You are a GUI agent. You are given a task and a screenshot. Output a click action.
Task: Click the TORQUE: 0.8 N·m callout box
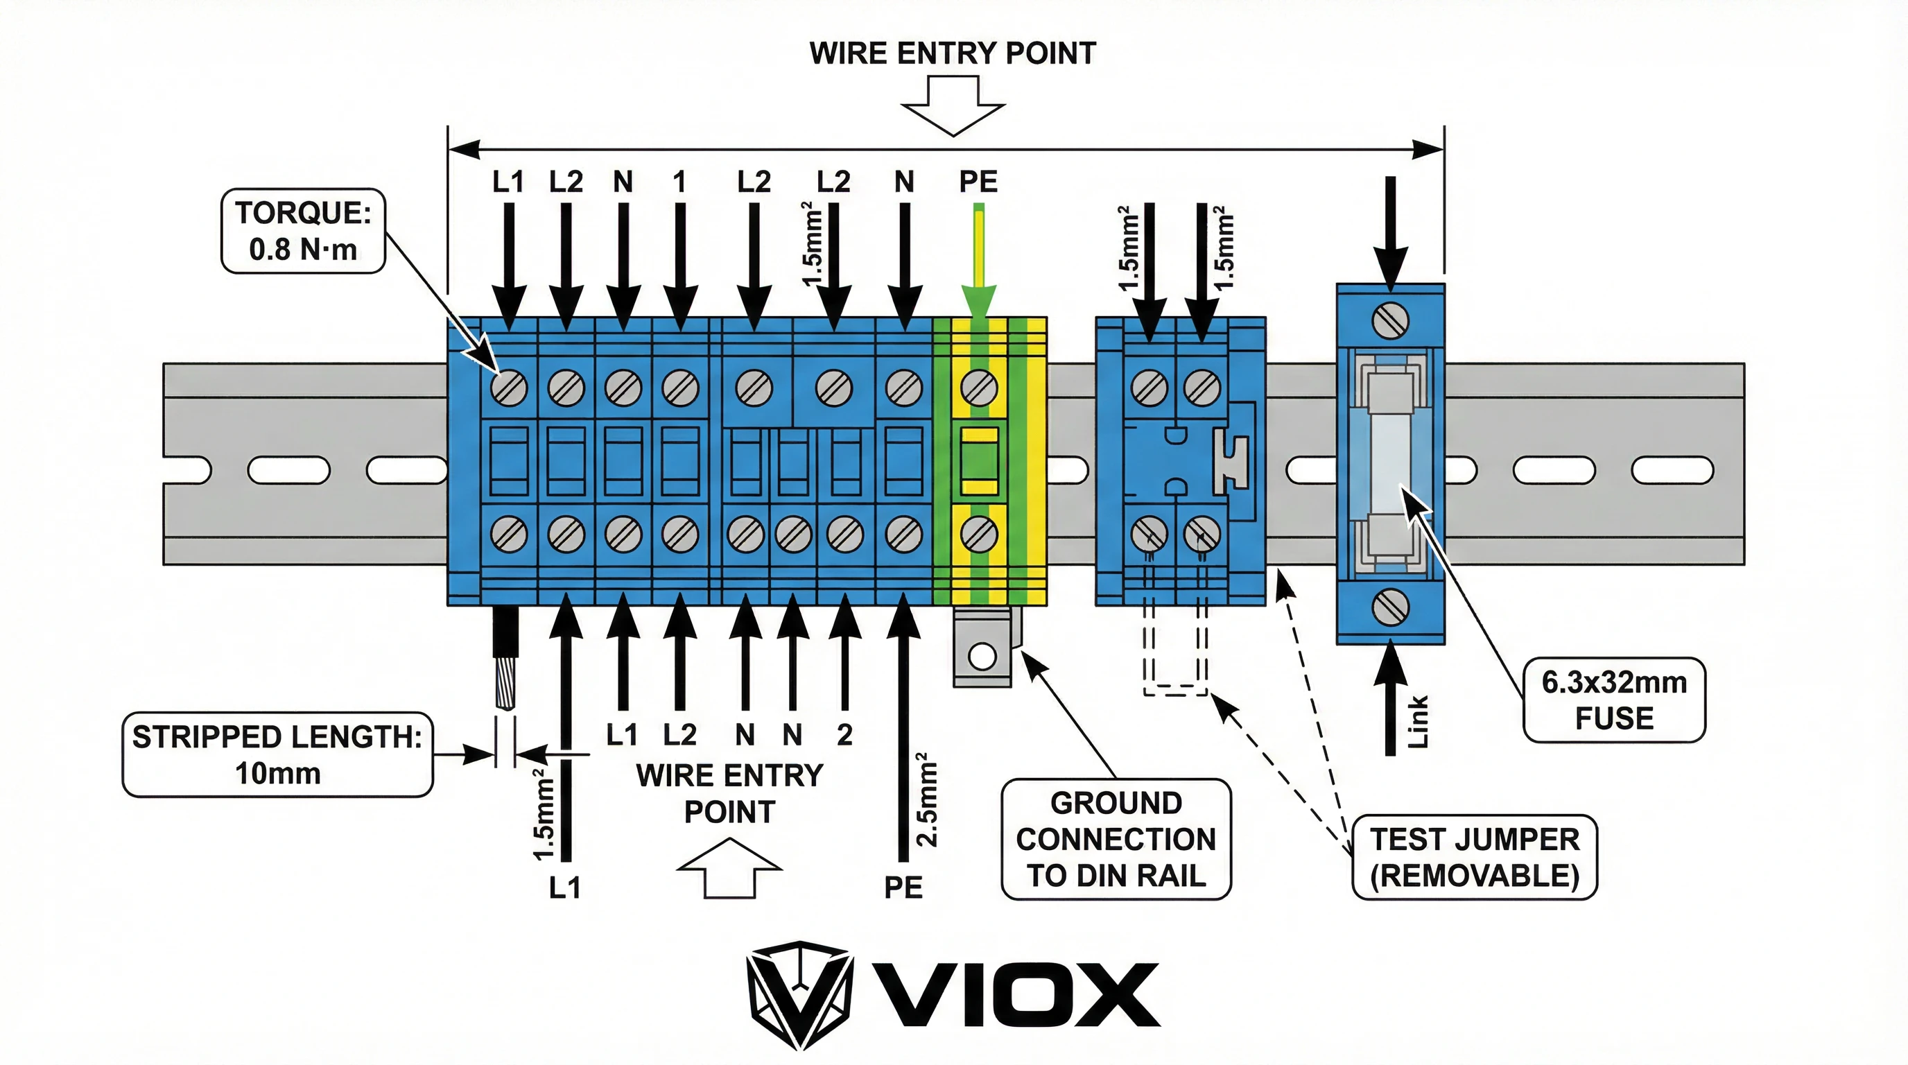[303, 231]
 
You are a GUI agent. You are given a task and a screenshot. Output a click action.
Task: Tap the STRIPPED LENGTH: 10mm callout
[277, 754]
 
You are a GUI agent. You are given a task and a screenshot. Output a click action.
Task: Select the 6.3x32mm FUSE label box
[1614, 700]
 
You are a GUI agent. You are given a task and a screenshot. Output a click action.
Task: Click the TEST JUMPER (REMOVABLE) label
[1474, 858]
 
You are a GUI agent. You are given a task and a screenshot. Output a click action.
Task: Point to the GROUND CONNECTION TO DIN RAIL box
[1116, 839]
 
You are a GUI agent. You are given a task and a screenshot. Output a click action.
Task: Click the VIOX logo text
[1015, 995]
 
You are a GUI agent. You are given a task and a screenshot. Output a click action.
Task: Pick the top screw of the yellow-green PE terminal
[978, 388]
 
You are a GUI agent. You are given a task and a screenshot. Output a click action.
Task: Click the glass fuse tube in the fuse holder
[1390, 465]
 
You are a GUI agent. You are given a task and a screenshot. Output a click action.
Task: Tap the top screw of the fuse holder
[1390, 321]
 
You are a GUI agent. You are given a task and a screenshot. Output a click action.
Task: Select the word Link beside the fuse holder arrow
[1417, 721]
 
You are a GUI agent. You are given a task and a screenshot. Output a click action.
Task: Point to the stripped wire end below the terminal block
[505, 677]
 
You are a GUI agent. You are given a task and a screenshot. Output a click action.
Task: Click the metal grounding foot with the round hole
[982, 655]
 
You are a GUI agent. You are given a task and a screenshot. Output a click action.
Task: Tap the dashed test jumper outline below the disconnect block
[1175, 666]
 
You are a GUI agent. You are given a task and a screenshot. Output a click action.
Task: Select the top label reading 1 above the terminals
[679, 182]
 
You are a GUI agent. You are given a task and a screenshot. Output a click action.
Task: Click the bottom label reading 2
[844, 735]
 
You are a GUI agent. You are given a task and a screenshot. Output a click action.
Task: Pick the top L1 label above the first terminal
[508, 182]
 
